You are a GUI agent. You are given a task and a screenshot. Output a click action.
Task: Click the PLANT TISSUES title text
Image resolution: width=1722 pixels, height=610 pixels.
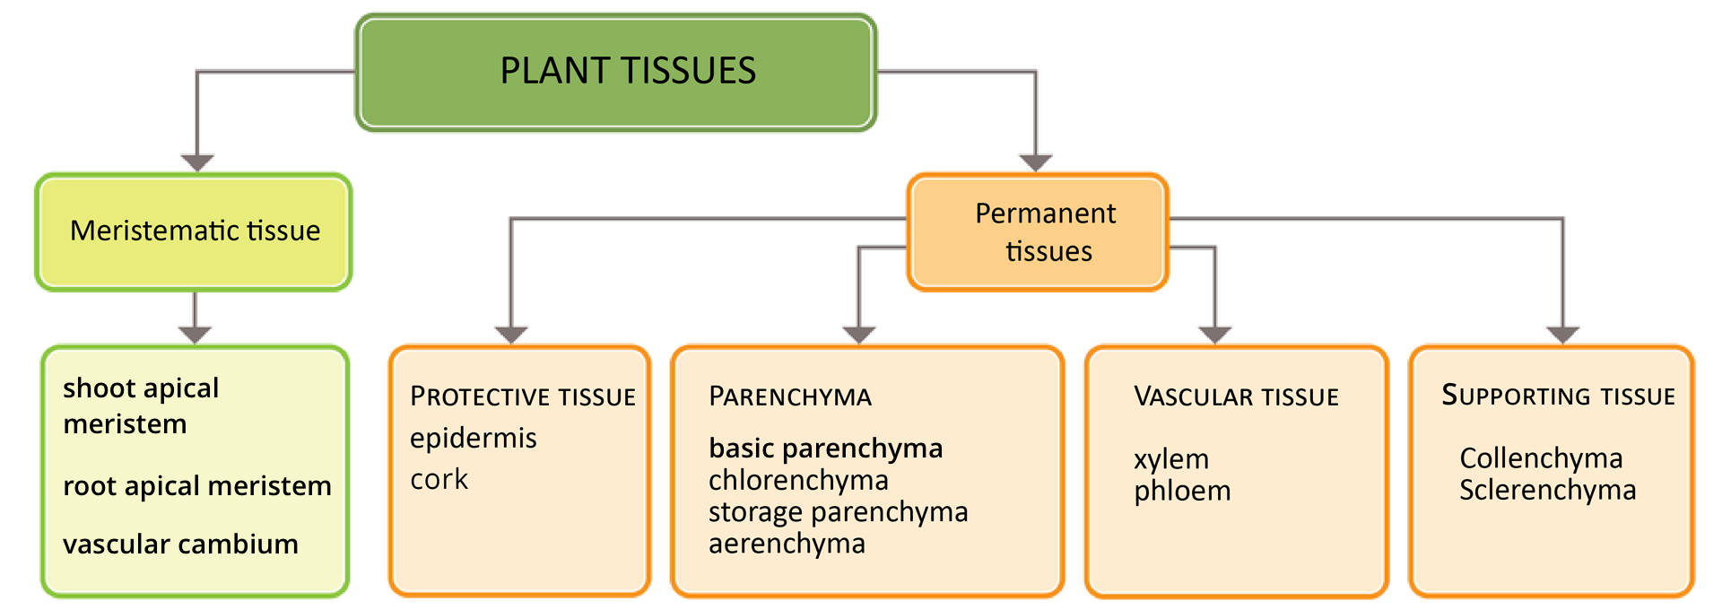tap(628, 71)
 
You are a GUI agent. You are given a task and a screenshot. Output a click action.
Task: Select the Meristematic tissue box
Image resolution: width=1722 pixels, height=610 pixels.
tap(194, 231)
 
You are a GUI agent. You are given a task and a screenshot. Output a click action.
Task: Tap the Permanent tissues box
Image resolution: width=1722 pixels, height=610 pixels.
tap(1038, 232)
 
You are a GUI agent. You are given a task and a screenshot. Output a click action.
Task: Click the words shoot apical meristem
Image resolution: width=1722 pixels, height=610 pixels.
tap(141, 405)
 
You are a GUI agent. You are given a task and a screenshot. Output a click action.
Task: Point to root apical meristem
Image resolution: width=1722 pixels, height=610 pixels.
tap(196, 486)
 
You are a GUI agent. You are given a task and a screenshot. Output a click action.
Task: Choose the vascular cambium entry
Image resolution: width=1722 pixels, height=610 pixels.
tap(180, 545)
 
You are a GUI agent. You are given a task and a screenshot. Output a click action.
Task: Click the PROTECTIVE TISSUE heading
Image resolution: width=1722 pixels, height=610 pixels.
tap(523, 396)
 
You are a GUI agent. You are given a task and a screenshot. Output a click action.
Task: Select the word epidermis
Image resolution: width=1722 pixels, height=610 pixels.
tap(473, 439)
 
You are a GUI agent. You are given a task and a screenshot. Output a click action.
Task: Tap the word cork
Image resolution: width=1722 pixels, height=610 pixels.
tap(439, 480)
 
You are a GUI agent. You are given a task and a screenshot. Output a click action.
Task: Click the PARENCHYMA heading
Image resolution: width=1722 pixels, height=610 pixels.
tap(789, 396)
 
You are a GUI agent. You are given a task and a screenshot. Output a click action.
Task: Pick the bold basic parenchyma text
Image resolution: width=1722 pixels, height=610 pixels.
tap(825, 449)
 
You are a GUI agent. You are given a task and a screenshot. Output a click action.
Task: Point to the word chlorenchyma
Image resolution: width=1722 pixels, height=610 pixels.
tap(798, 481)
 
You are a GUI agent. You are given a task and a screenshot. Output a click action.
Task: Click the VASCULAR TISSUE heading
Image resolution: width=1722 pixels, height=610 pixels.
tap(1236, 396)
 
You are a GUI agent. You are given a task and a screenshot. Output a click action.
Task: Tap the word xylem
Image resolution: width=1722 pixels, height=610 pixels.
tap(1170, 459)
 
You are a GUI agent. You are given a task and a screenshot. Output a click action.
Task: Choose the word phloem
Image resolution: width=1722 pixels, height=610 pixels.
tap(1182, 492)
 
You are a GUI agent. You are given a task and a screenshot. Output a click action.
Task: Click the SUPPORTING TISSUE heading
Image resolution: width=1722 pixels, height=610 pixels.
tap(1558, 396)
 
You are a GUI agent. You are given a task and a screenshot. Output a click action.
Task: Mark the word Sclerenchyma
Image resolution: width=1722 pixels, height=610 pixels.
tap(1547, 491)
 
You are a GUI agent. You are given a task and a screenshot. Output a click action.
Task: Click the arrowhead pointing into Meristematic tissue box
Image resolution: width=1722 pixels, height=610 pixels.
tap(197, 162)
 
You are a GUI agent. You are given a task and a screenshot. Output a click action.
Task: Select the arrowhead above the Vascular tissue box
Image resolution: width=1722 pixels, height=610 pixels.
tap(1215, 335)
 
